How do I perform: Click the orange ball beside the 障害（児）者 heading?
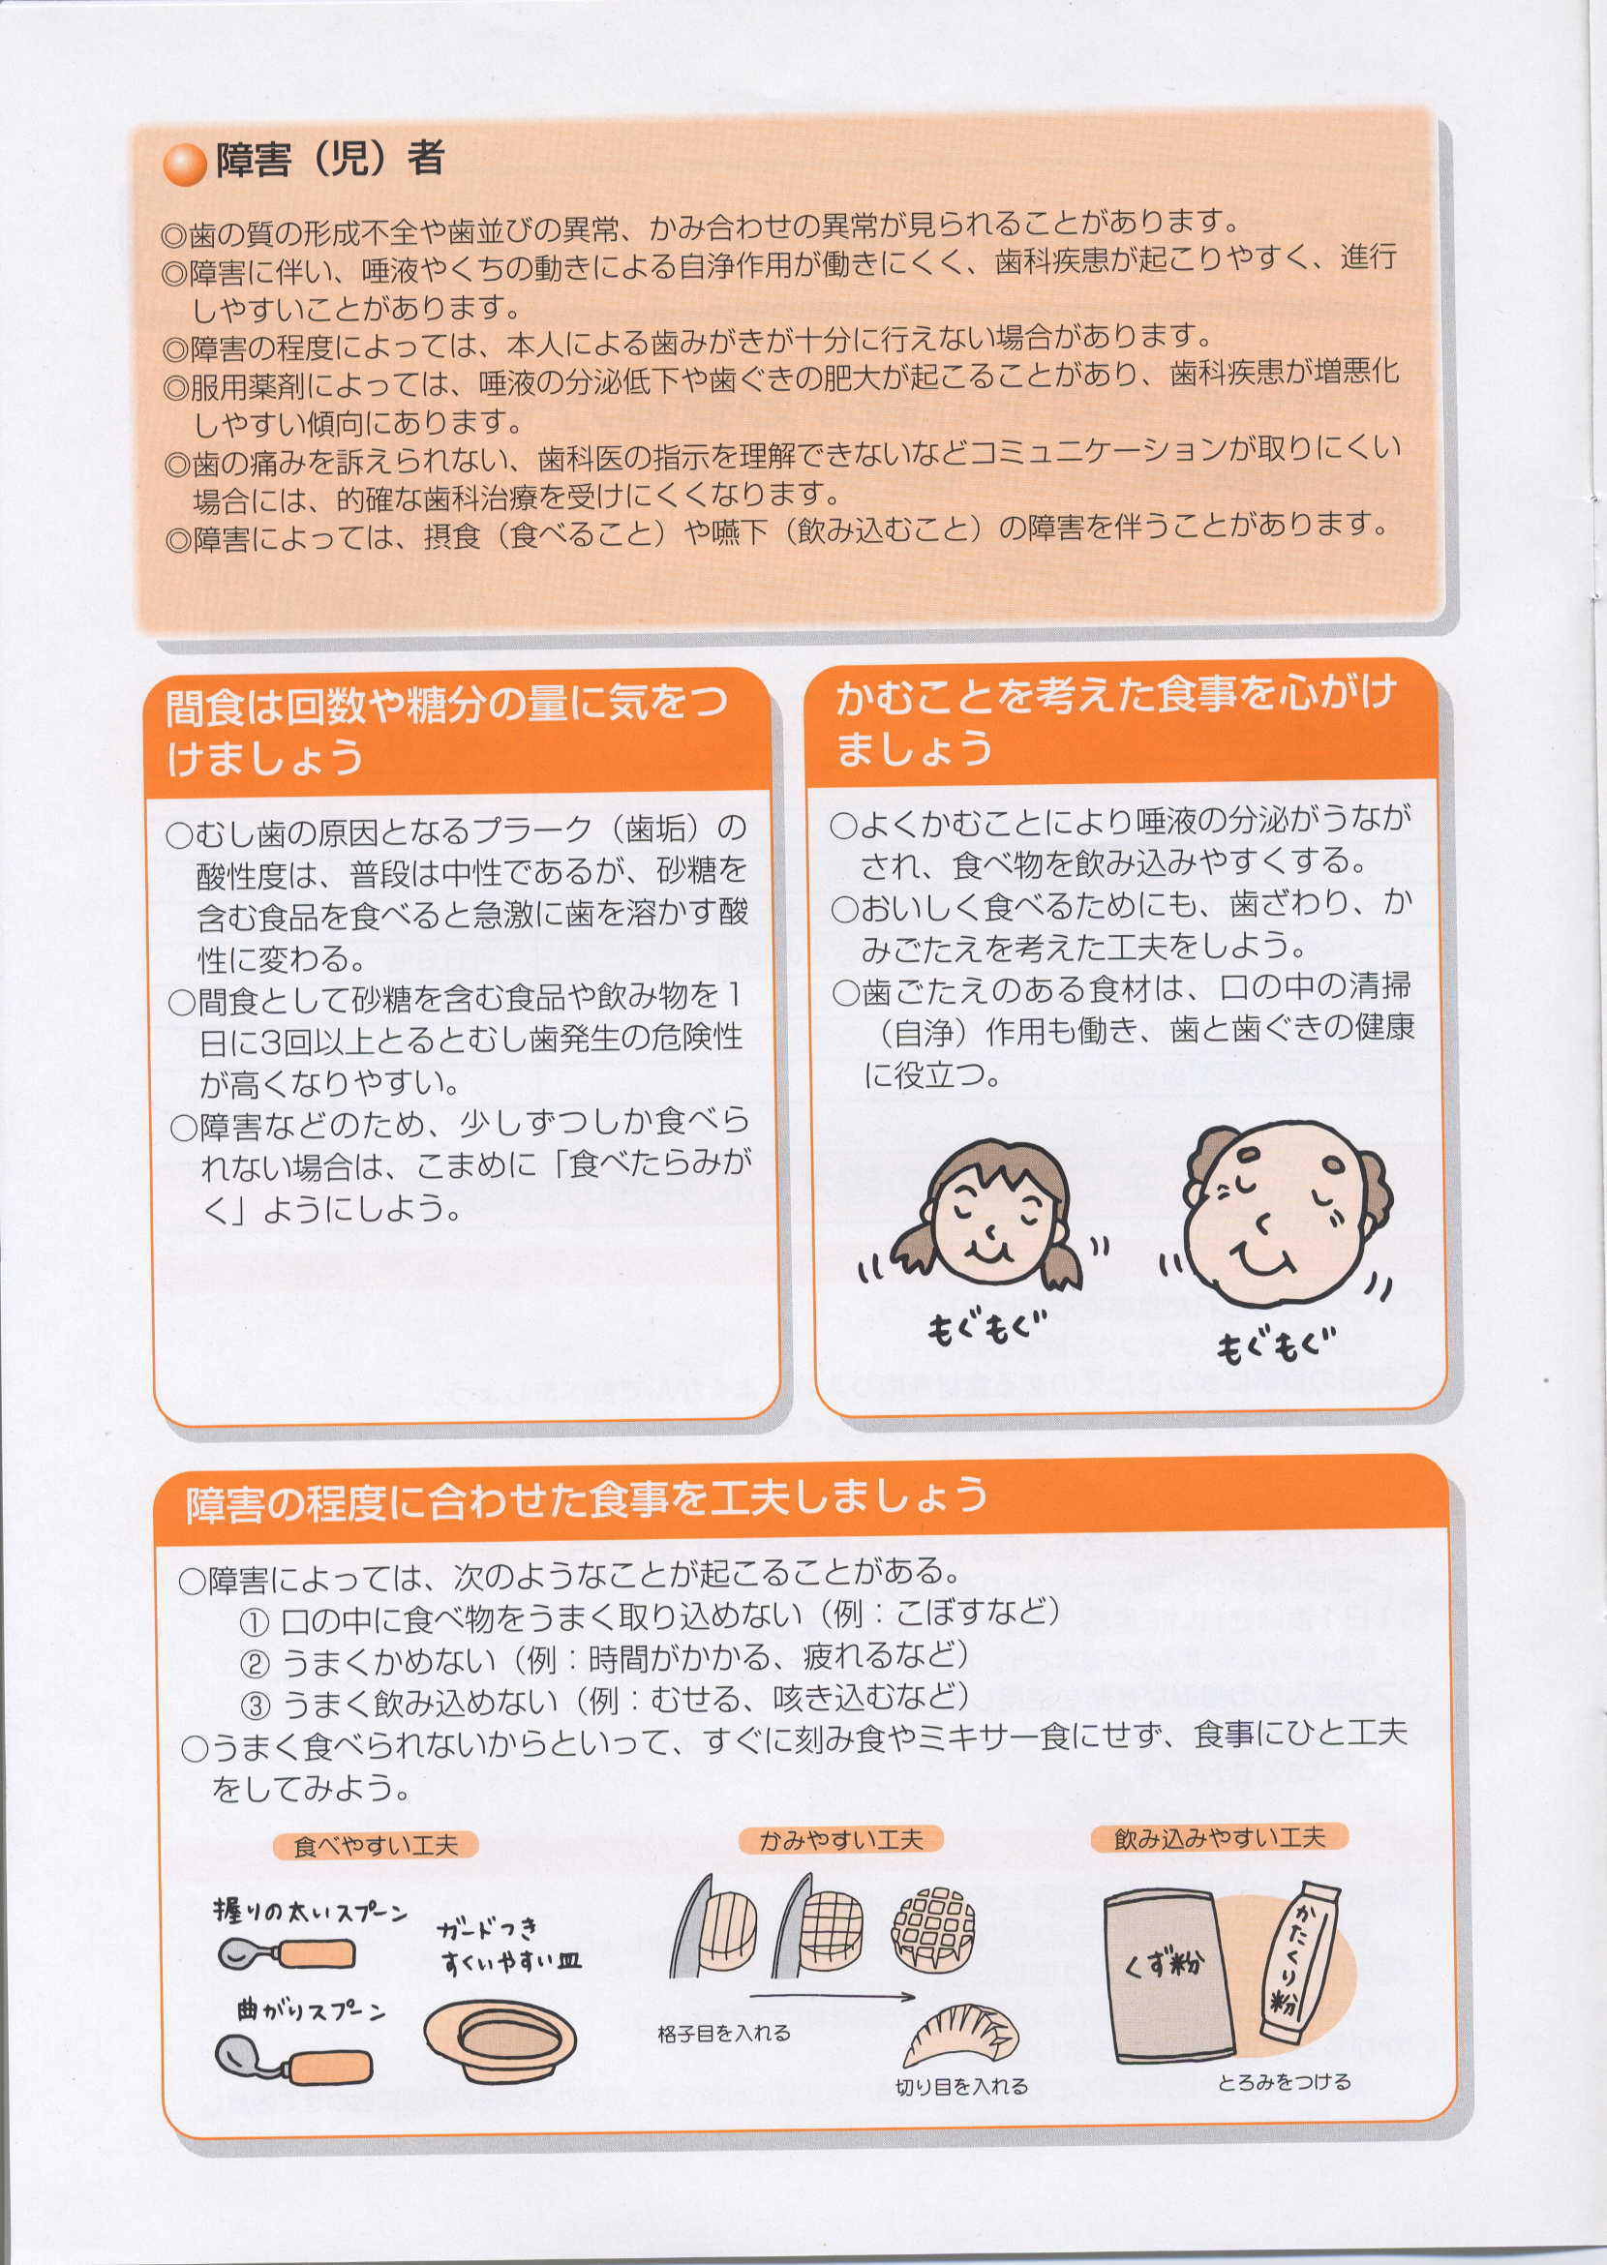coord(185,164)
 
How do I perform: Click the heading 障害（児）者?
coord(330,160)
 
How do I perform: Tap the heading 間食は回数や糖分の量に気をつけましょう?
coord(446,729)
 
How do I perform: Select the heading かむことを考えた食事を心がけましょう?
coord(1115,719)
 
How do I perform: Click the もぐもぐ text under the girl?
coord(985,1326)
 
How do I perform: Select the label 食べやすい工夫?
coord(376,1846)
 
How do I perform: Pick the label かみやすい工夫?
coord(840,1839)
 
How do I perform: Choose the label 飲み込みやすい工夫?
coord(1219,1837)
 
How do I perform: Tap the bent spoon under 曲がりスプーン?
coord(294,2064)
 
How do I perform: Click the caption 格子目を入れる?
coord(724,2033)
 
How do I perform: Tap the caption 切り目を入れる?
coord(962,2086)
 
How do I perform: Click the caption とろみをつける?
coord(1284,2082)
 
